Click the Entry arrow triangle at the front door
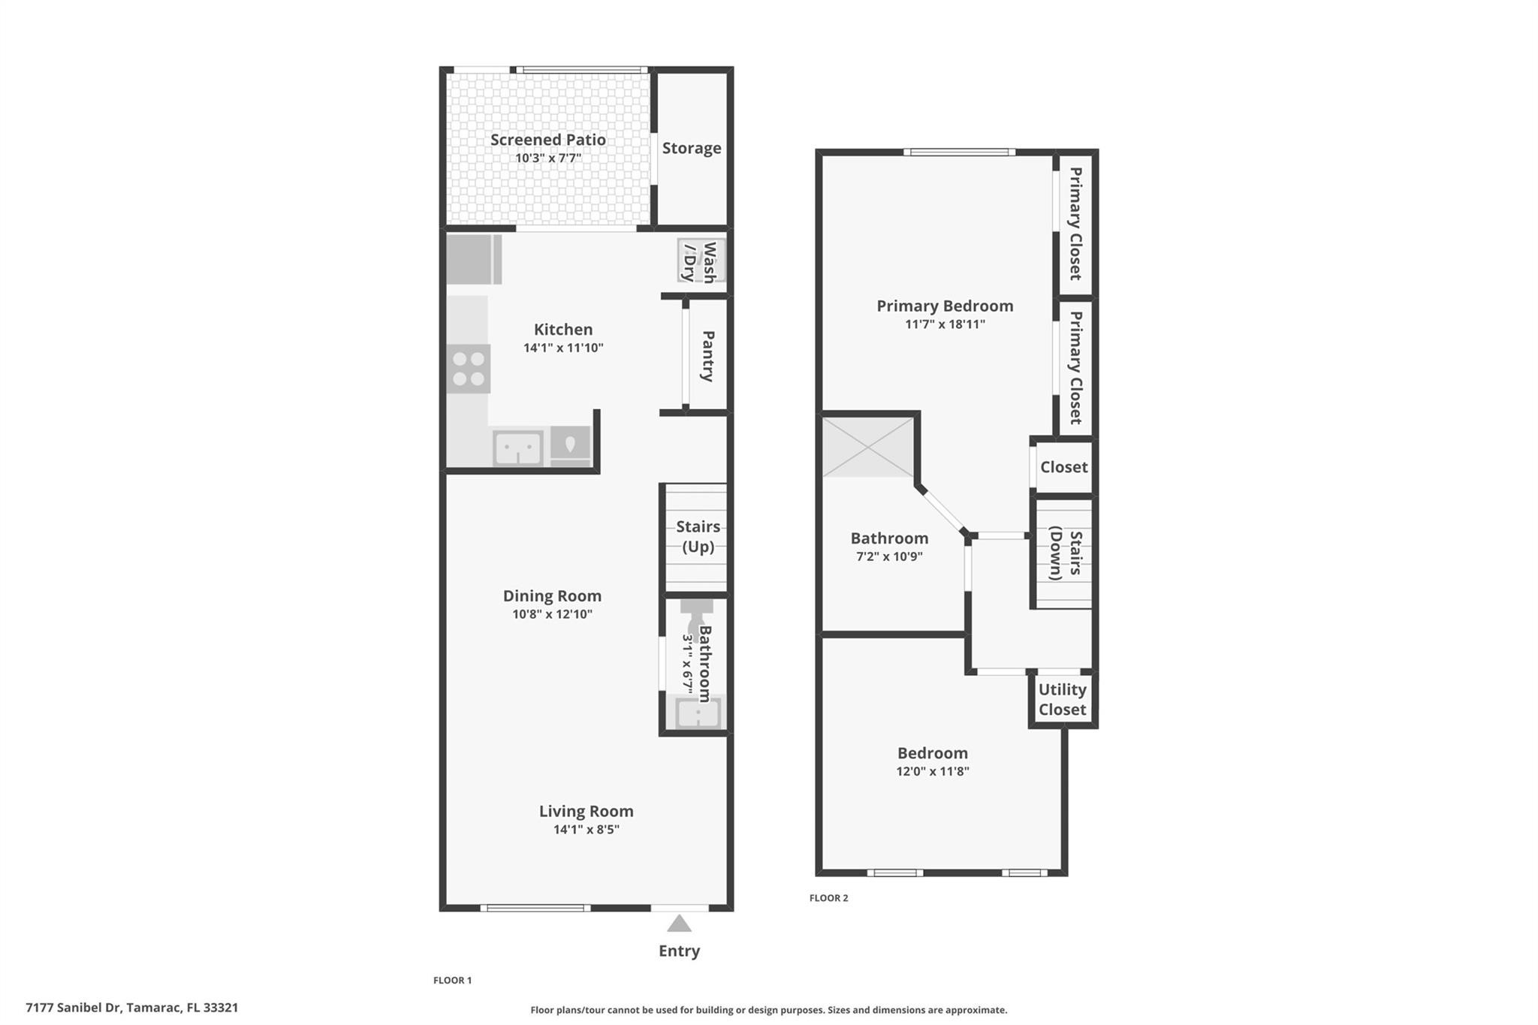tap(679, 924)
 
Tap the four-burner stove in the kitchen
tap(469, 369)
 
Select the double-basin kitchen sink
tap(517, 448)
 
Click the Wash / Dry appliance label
tap(698, 261)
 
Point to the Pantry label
tap(707, 356)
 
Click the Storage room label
tap(691, 148)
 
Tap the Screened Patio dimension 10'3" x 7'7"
tap(547, 158)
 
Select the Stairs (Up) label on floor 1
tap(698, 536)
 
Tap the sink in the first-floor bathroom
tap(698, 713)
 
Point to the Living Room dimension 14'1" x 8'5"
tap(586, 830)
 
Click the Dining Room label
tap(552, 595)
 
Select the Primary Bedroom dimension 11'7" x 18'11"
tap(945, 324)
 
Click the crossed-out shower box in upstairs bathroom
tap(867, 447)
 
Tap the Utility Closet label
tap(1062, 699)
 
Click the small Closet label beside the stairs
tap(1063, 467)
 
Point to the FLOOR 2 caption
tap(828, 898)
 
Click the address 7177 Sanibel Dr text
tap(74, 1008)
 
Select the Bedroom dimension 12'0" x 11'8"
tap(932, 771)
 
